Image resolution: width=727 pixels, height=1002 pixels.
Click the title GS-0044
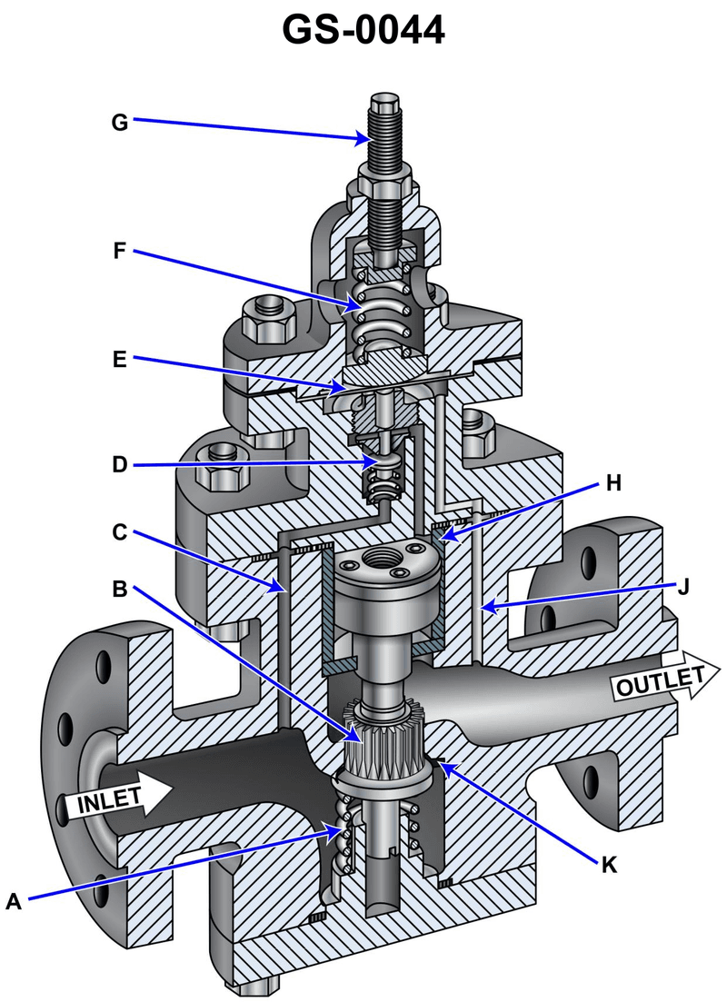(363, 30)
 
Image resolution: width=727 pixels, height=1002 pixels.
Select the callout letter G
(120, 122)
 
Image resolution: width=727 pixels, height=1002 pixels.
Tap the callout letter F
(120, 251)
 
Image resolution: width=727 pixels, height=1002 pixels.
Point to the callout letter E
(120, 360)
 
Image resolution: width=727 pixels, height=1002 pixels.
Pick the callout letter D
(120, 464)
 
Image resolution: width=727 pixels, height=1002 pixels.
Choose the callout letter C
(120, 532)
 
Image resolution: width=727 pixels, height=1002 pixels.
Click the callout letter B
(120, 589)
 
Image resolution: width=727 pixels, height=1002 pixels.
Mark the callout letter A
(14, 901)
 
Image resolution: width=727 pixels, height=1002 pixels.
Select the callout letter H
(613, 483)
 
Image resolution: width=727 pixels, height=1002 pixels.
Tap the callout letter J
(683, 587)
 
